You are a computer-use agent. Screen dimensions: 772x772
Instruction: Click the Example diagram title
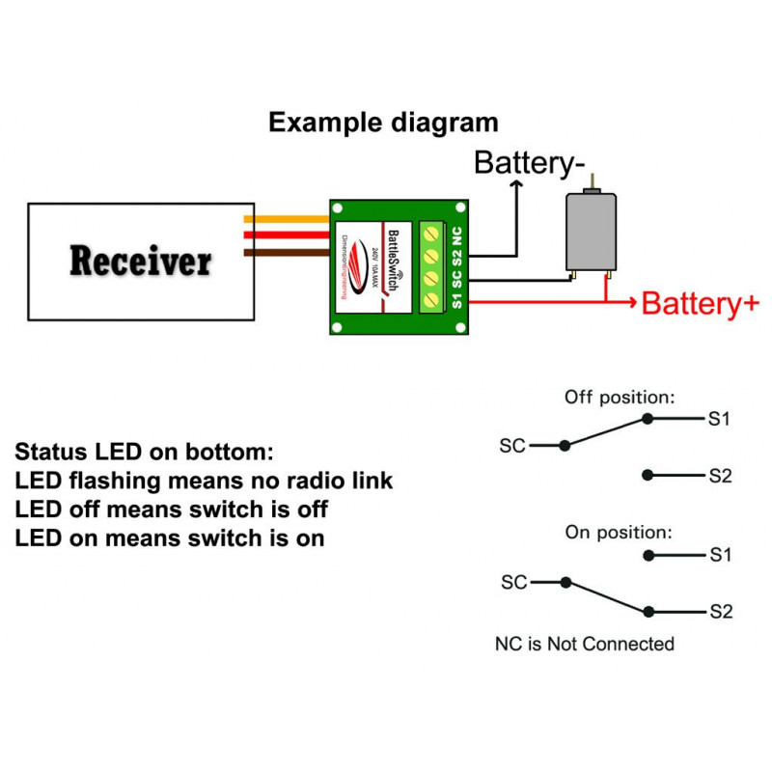click(x=383, y=124)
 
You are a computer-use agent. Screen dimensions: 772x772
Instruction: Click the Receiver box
click(x=140, y=262)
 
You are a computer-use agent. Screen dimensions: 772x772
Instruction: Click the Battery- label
click(x=529, y=163)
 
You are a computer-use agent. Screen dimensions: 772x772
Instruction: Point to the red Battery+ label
click(x=700, y=304)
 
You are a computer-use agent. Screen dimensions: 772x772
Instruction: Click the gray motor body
click(x=590, y=232)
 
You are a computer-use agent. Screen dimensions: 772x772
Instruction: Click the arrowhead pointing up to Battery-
click(x=517, y=184)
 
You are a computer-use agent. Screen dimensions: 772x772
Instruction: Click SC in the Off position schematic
click(x=512, y=446)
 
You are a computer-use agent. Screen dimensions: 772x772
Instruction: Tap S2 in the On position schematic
click(x=720, y=612)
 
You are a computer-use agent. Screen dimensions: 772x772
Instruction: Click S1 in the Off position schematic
click(x=720, y=419)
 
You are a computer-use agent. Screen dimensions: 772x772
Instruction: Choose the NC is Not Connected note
click(x=584, y=644)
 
